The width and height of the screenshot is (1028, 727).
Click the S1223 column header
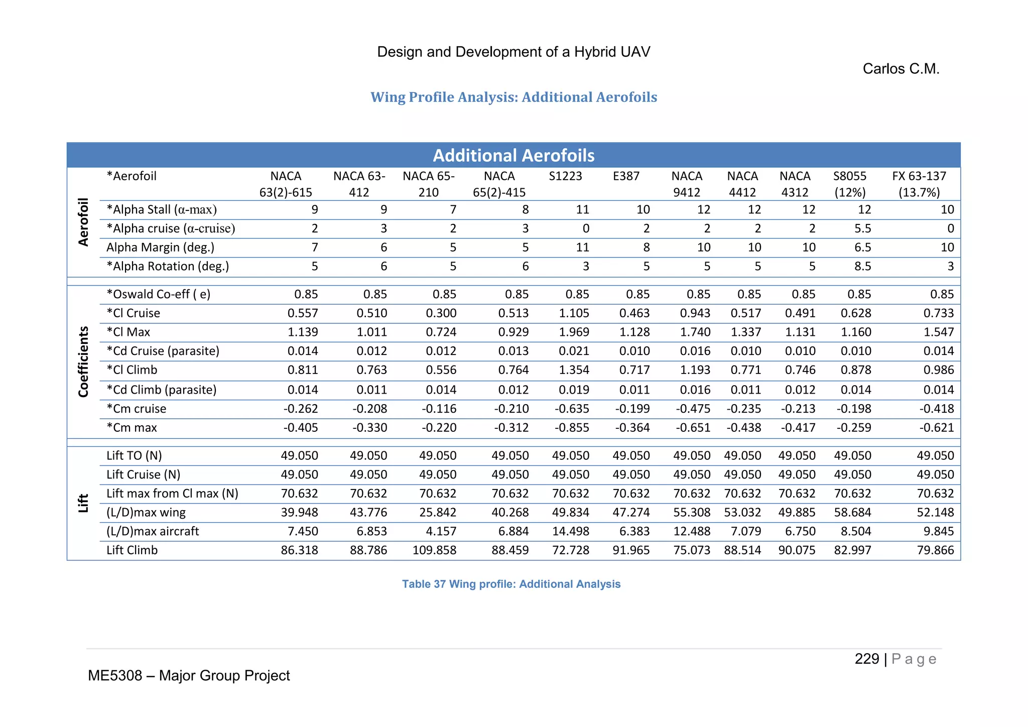(565, 176)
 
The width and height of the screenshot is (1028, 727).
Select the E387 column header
(626, 176)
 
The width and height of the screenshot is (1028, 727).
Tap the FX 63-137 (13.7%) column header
(919, 184)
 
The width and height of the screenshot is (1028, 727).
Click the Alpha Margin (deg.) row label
(160, 248)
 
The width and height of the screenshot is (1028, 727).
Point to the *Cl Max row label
(128, 332)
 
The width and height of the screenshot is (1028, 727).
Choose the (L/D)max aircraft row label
(153, 531)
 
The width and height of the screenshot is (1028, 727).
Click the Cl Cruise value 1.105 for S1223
(574, 313)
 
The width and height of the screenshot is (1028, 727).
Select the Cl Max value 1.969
(574, 332)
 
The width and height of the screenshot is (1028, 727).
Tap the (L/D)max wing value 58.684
(852, 513)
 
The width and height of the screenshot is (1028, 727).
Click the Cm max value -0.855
(572, 428)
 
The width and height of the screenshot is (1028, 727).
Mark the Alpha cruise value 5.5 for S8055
(862, 229)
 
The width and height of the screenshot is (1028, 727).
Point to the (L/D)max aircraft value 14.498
(570, 531)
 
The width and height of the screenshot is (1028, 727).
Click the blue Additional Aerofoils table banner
(513, 155)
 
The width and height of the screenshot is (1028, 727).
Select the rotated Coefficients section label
(83, 361)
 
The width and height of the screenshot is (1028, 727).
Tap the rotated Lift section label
(83, 503)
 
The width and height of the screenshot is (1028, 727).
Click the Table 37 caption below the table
(511, 584)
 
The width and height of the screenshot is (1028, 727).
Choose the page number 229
(866, 659)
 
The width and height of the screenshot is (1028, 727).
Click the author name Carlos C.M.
(901, 69)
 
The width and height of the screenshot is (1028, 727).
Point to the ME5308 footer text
(189, 676)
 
